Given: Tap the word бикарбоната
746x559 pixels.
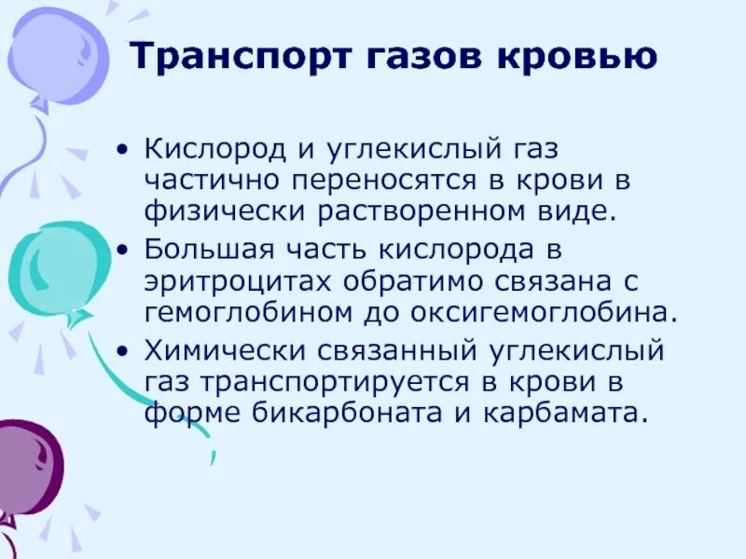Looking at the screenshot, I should click(x=326, y=414).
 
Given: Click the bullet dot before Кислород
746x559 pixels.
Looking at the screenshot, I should click(x=125, y=150).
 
